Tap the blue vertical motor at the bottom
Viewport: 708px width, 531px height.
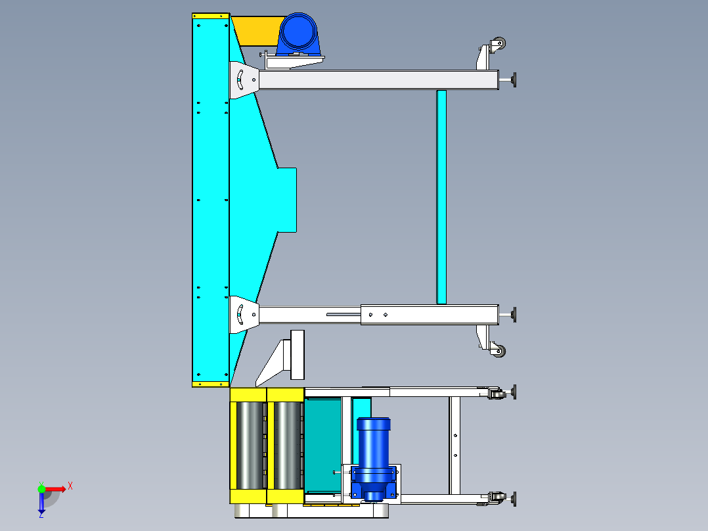point(374,459)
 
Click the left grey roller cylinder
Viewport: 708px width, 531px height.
point(250,445)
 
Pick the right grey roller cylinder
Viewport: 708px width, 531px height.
point(288,445)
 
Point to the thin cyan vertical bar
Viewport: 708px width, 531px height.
point(441,197)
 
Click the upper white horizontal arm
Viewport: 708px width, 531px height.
point(378,80)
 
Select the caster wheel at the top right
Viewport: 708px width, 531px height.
point(498,44)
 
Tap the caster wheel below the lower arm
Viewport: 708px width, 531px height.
point(498,350)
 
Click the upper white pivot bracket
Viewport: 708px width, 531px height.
point(244,80)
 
